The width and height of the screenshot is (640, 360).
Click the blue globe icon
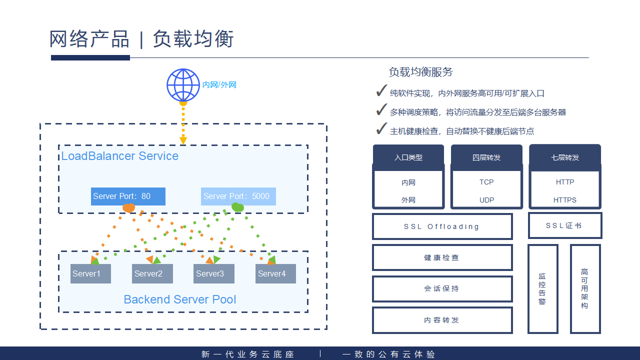(183, 84)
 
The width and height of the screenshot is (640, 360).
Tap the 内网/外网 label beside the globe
(219, 85)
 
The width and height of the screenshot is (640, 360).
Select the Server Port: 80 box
(128, 196)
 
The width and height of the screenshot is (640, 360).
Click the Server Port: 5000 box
(238, 196)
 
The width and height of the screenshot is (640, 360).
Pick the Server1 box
(90, 273)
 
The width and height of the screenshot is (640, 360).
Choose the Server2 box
(152, 273)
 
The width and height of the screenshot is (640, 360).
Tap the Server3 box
(214, 273)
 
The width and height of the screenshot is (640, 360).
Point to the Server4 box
(275, 273)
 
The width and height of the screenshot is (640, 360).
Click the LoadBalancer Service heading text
(120, 156)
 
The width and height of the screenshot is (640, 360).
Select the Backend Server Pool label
(180, 299)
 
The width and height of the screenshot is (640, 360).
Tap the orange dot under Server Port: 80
(129, 207)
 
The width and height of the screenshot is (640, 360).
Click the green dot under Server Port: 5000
(237, 207)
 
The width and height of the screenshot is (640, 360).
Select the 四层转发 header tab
(486, 157)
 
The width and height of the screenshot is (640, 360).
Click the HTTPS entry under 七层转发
(565, 200)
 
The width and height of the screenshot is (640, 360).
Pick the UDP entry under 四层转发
(486, 200)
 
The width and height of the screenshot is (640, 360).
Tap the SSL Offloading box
(442, 226)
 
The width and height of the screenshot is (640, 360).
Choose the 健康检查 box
(442, 257)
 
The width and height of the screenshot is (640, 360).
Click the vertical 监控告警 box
(542, 288)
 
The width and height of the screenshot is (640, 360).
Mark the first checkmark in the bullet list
(381, 91)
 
